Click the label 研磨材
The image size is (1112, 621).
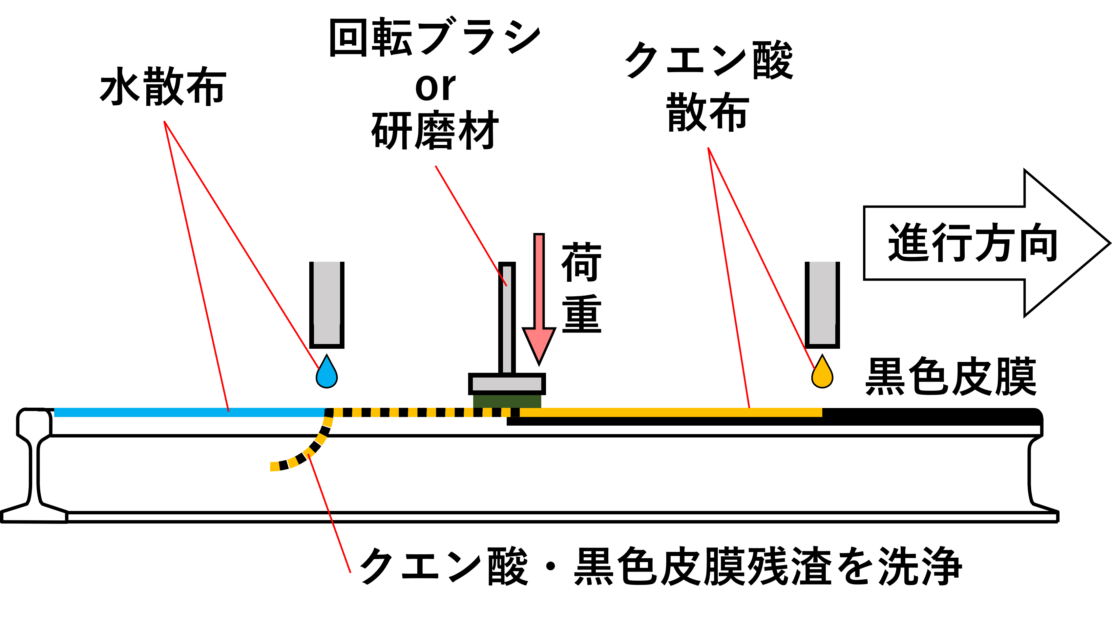point(435,130)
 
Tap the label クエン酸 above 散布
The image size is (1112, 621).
point(709,60)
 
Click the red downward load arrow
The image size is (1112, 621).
point(539,299)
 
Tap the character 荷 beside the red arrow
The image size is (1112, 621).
point(582,262)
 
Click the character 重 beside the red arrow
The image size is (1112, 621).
point(582,314)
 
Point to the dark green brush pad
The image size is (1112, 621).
point(507,401)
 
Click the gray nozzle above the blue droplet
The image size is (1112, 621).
point(327,305)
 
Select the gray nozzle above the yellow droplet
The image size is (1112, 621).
point(822,305)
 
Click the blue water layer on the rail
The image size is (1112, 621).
point(190,412)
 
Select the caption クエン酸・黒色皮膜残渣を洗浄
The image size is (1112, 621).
point(660,566)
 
